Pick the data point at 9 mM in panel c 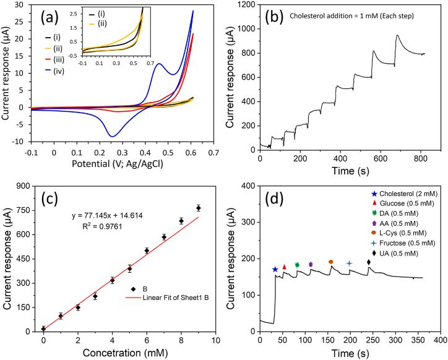pos(199,208)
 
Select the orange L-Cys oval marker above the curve pos(331,262)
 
